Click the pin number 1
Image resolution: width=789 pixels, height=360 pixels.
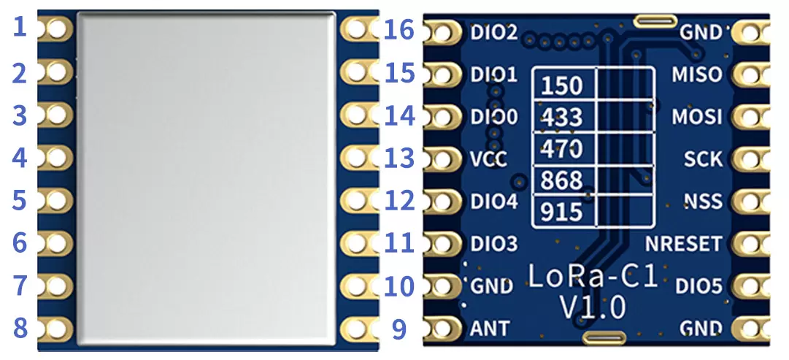(20, 28)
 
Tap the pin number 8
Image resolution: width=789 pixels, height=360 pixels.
(20, 328)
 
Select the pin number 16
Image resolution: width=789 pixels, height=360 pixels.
(399, 31)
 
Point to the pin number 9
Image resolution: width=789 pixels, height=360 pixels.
(399, 329)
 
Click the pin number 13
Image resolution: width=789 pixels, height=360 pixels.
(399, 158)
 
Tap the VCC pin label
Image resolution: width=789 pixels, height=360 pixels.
(488, 158)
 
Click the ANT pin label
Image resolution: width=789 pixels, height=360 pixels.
(490, 329)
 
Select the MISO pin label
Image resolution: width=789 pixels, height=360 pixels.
(696, 74)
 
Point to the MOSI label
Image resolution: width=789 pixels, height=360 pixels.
(696, 116)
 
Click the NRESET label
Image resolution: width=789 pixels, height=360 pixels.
(682, 243)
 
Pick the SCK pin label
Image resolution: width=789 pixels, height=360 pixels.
(703, 158)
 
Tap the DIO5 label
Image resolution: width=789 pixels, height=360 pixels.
(698, 286)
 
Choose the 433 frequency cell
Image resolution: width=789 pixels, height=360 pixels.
(562, 117)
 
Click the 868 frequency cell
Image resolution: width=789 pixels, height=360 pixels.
(562, 180)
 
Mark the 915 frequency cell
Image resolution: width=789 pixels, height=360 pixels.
(562, 212)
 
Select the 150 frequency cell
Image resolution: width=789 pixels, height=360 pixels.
(562, 85)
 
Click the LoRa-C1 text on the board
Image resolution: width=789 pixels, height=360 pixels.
(592, 277)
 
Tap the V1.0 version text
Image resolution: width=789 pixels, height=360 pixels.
(592, 307)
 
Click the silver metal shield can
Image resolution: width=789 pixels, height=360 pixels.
(207, 177)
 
